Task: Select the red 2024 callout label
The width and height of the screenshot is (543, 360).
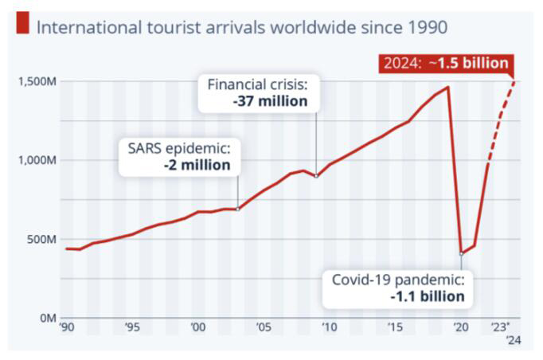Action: pyautogui.click(x=444, y=64)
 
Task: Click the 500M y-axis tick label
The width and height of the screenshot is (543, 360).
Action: pyautogui.click(x=38, y=240)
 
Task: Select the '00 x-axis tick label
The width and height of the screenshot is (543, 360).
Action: pyautogui.click(x=198, y=327)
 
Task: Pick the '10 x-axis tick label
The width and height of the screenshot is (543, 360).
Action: pyautogui.click(x=330, y=327)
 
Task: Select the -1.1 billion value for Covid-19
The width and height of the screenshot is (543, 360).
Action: pyautogui.click(x=427, y=296)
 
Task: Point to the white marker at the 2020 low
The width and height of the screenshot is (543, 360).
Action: pyautogui.click(x=462, y=254)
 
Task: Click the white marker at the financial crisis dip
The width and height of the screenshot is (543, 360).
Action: pyautogui.click(x=317, y=176)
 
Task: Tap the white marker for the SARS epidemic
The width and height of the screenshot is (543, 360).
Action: pyautogui.click(x=238, y=209)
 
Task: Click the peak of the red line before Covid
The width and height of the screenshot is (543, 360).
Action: pyautogui.click(x=448, y=88)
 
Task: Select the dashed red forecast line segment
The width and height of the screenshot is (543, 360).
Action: pyautogui.click(x=502, y=112)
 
